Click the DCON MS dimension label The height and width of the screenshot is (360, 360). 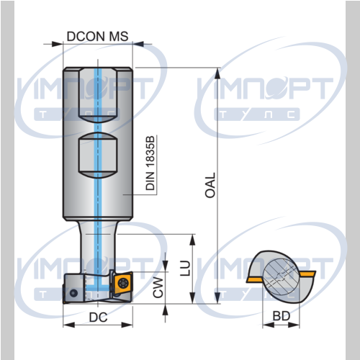(x=97, y=37)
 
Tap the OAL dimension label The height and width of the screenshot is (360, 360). (x=210, y=185)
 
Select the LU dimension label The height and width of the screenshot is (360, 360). (x=185, y=268)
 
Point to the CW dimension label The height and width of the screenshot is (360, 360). (x=158, y=287)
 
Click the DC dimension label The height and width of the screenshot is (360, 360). (x=98, y=318)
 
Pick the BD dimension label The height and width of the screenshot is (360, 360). (x=282, y=316)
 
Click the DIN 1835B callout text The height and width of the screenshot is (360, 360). (x=150, y=163)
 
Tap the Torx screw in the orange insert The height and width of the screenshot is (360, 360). (x=122, y=283)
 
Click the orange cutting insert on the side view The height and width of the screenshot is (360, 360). (x=123, y=283)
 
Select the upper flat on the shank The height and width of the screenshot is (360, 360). (x=98, y=95)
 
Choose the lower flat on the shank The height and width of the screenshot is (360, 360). (x=98, y=156)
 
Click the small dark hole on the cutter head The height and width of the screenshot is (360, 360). (x=73, y=293)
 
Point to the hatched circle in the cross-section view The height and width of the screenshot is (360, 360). (x=282, y=276)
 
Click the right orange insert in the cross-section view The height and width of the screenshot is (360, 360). (x=307, y=274)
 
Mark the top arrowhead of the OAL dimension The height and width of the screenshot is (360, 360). (x=217, y=73)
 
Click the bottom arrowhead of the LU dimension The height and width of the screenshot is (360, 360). (x=192, y=298)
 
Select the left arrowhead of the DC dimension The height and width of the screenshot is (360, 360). (x=68, y=325)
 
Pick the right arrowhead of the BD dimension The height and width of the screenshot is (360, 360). (x=294, y=325)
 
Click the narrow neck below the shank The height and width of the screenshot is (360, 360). (x=98, y=247)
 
